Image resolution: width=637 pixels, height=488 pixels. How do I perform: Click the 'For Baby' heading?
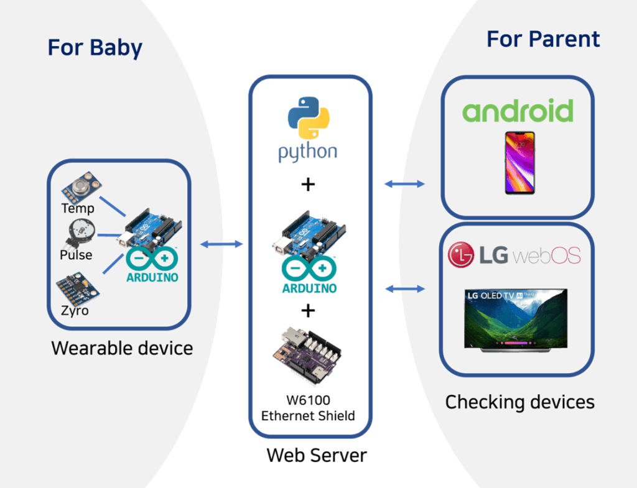pyautogui.click(x=95, y=48)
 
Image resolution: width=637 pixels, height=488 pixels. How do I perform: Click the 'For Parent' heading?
pyautogui.click(x=542, y=39)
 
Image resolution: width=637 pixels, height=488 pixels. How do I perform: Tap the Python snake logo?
pyautogui.click(x=309, y=117)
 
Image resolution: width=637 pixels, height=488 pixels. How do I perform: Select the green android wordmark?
pyautogui.click(x=518, y=111)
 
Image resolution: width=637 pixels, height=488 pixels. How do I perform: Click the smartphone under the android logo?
pyautogui.click(x=519, y=162)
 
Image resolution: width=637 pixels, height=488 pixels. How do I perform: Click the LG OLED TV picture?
pyautogui.click(x=515, y=319)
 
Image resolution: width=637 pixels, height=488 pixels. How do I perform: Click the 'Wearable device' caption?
pyautogui.click(x=122, y=348)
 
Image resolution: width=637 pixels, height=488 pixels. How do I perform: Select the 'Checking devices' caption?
pyautogui.click(x=519, y=402)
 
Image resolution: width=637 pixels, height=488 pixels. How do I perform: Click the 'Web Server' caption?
pyautogui.click(x=317, y=455)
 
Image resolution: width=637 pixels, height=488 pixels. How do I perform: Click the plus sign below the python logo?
pyautogui.click(x=309, y=185)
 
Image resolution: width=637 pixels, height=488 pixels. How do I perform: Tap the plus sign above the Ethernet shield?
pyautogui.click(x=308, y=310)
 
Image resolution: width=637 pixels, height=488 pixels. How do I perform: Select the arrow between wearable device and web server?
pyautogui.click(x=221, y=244)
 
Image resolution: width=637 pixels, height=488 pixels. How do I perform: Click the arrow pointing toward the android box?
pyautogui.click(x=404, y=183)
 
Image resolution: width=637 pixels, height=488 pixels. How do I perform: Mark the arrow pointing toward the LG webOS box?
pyautogui.click(x=404, y=288)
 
